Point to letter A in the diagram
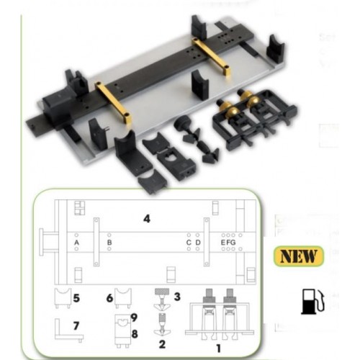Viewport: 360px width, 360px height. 76,244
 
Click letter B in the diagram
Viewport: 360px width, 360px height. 109,244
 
